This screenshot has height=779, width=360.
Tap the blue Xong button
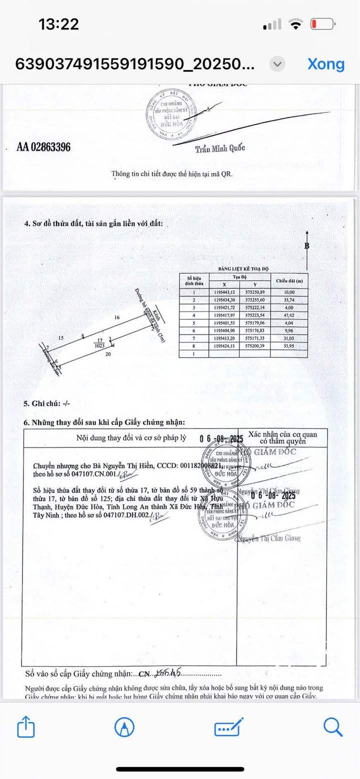coord(325,64)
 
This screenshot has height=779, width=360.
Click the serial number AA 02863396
coord(43,147)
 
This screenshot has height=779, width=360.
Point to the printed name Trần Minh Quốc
coord(220,148)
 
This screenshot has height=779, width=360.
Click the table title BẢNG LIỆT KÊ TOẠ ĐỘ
coord(243,269)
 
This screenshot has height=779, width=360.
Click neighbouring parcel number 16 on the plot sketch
coord(116,317)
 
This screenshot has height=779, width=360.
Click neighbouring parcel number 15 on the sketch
coord(61,338)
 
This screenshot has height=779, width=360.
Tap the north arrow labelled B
coord(306,245)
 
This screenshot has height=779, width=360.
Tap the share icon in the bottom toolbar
coord(26,726)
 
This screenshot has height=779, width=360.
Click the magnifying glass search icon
coord(332,726)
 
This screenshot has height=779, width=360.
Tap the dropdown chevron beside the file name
coord(277,64)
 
